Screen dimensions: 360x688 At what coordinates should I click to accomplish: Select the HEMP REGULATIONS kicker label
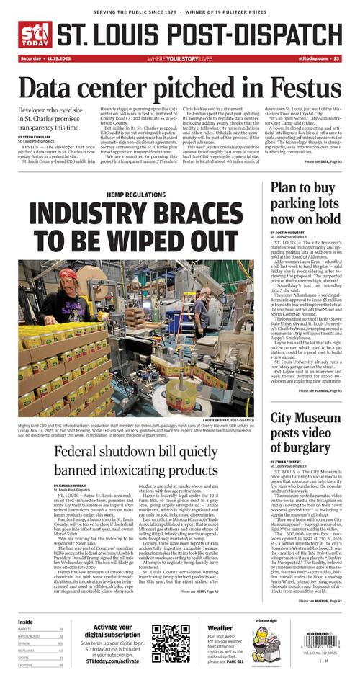click(135, 195)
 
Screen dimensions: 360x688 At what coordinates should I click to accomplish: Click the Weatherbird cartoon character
click(260, 645)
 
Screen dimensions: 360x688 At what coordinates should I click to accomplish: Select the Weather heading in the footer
click(220, 628)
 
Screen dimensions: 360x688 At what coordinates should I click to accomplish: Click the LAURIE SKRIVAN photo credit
click(228, 420)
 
